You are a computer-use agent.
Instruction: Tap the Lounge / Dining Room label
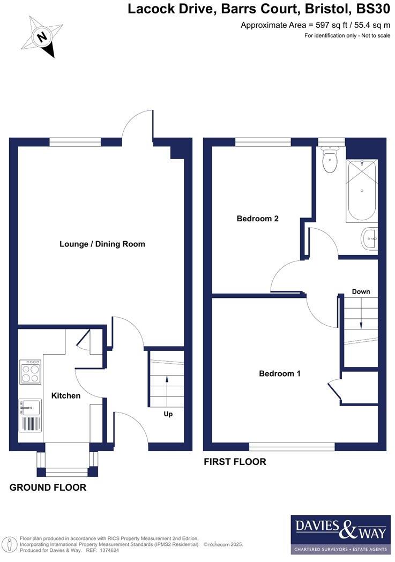coord(102,244)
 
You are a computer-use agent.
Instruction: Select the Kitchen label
coord(65,395)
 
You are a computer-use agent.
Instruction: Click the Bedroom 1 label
coord(279,373)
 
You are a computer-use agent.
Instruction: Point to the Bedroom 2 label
coord(257,219)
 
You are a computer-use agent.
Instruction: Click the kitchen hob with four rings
coord(31,371)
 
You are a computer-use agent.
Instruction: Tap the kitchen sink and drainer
coord(30,416)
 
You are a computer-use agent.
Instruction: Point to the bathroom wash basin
coord(369,238)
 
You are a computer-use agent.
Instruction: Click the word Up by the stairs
coord(168,414)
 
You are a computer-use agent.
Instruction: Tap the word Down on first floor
coord(361,291)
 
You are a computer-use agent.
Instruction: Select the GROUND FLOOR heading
coord(48,488)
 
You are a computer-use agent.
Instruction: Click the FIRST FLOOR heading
coord(235,462)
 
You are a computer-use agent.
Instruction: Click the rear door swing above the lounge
coord(138,127)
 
